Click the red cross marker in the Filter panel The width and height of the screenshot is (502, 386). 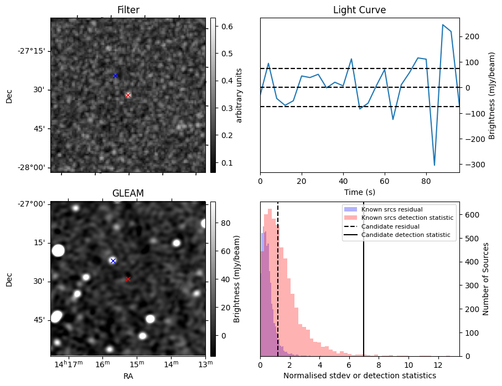[128, 95]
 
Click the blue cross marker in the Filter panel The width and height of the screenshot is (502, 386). [115, 76]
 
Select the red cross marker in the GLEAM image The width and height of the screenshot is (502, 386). [128, 279]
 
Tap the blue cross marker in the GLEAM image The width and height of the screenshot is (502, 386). [113, 261]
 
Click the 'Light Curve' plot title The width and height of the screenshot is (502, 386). [359, 10]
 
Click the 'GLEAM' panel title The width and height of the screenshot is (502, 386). [128, 193]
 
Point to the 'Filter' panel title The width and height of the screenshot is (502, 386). [128, 10]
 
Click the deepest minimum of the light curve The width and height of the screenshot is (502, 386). [434, 165]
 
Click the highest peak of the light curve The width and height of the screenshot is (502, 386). [443, 25]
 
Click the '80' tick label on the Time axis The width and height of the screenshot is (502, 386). [426, 179]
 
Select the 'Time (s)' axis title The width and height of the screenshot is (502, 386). [359, 191]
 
